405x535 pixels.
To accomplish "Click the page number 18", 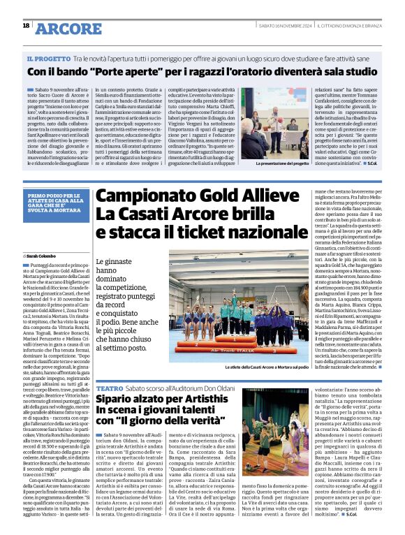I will [x=26, y=25].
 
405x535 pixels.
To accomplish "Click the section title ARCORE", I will [x=67, y=28].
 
